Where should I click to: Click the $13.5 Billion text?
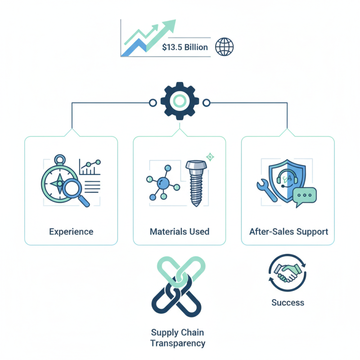click(185, 47)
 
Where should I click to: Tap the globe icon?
click(224, 47)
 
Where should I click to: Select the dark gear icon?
click(180, 101)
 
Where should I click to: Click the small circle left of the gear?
click(153, 103)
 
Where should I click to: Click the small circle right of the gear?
click(207, 103)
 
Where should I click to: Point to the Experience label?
click(71, 232)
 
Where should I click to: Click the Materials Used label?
click(180, 231)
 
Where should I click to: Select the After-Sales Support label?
click(288, 232)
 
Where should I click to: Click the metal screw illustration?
click(196, 183)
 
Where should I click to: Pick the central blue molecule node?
click(163, 183)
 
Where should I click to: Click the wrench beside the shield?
click(266, 190)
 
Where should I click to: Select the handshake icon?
click(288, 273)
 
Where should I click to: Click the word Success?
click(288, 302)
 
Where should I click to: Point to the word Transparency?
click(178, 344)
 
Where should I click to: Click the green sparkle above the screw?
click(210, 157)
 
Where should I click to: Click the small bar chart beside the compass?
click(90, 167)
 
